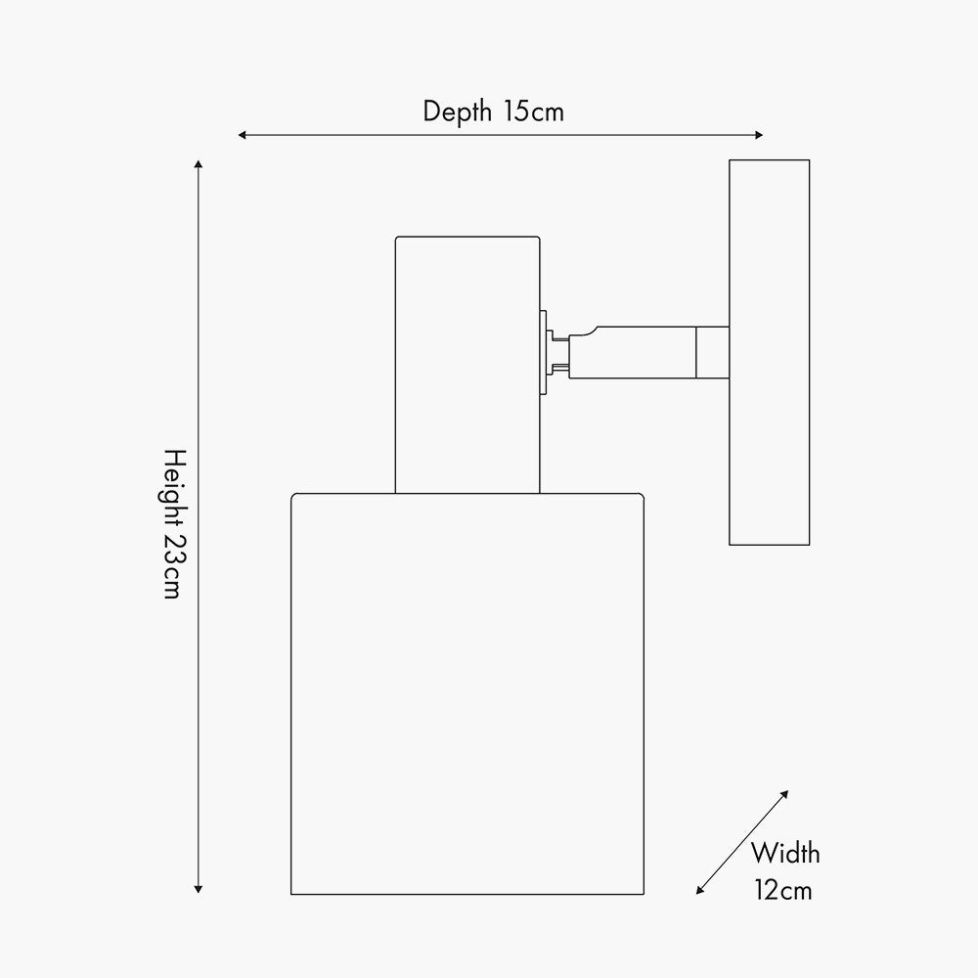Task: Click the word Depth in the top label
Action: pyautogui.click(x=457, y=112)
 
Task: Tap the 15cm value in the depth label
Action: pyautogui.click(x=534, y=111)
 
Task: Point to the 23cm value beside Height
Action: pyautogui.click(x=172, y=566)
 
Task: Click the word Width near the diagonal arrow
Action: pyautogui.click(x=784, y=853)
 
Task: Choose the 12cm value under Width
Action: pyautogui.click(x=782, y=890)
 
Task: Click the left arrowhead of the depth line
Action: pyautogui.click(x=242, y=135)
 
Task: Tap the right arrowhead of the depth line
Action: pyautogui.click(x=759, y=135)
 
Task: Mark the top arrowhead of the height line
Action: pyautogui.click(x=198, y=164)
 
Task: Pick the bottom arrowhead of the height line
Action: pyautogui.click(x=198, y=889)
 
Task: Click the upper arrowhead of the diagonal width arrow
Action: pyautogui.click(x=784, y=794)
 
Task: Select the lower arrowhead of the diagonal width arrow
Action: pyautogui.click(x=700, y=890)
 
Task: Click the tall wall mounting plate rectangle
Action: pyautogui.click(x=769, y=352)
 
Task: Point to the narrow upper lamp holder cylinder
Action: pyautogui.click(x=467, y=365)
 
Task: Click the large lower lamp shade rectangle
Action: pyautogui.click(x=467, y=693)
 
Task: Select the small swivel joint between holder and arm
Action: pyautogui.click(x=554, y=353)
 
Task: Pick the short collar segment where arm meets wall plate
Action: pyautogui.click(x=712, y=352)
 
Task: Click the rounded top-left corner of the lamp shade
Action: pyautogui.click(x=293, y=496)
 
